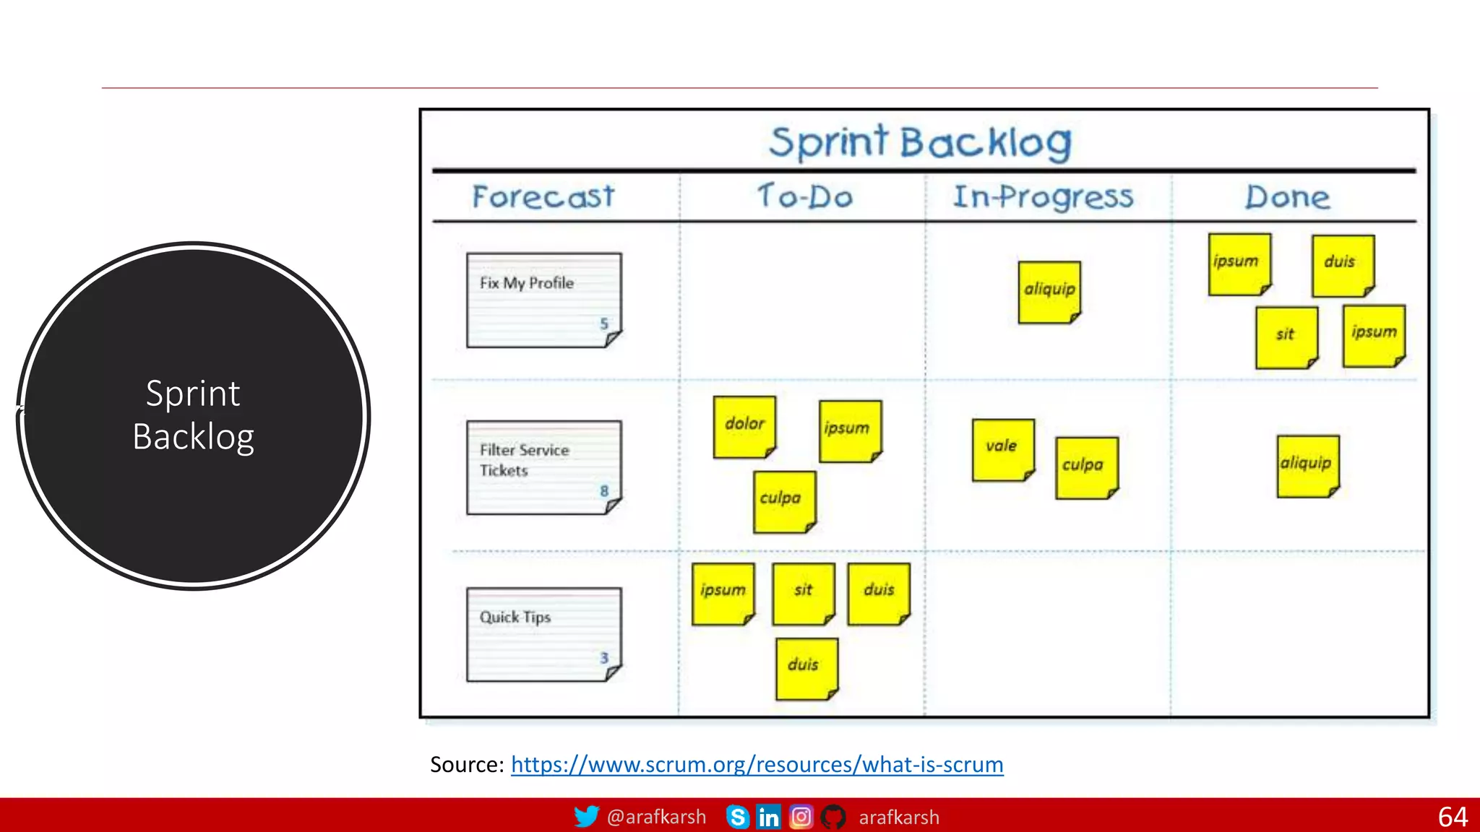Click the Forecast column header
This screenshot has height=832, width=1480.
[x=543, y=196]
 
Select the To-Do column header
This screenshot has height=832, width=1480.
[x=805, y=196]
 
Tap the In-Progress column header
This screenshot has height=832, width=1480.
[x=1043, y=196]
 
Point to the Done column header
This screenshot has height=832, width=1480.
[x=1287, y=196]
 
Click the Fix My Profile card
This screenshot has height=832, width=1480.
[x=543, y=300]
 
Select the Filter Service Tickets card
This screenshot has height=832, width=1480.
[x=543, y=467]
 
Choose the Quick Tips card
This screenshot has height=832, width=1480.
[x=543, y=634]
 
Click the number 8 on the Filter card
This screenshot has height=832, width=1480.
[x=604, y=491]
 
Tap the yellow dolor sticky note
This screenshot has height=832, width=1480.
[x=744, y=426]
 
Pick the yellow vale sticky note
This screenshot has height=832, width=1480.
[x=1003, y=449]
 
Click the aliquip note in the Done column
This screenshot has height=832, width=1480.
[x=1307, y=466]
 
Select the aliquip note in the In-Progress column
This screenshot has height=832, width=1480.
[x=1049, y=292]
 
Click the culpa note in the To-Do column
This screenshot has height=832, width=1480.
[x=784, y=501]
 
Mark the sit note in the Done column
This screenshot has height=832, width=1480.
[x=1286, y=337]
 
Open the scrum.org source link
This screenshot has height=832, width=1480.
[x=757, y=764]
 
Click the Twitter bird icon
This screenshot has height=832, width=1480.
[x=586, y=817]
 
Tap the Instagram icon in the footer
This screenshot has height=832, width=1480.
[x=801, y=817]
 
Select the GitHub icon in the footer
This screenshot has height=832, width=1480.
[x=833, y=817]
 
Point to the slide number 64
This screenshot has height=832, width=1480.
[x=1452, y=817]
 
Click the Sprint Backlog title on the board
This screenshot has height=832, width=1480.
[x=920, y=142]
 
